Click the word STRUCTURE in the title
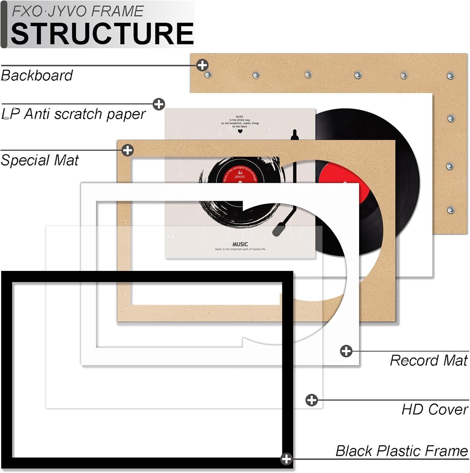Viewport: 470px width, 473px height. (102, 34)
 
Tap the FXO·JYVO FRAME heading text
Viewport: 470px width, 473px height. (77, 11)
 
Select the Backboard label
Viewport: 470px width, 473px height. (37, 76)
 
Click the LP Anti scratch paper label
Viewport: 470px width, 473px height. (74, 114)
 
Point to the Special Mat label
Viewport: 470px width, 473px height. (40, 160)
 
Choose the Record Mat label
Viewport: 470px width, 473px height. (429, 360)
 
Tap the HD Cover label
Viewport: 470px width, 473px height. (435, 409)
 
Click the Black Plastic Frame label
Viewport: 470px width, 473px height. (402, 451)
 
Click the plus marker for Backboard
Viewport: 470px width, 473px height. (202, 65)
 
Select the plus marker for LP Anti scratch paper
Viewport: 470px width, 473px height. (159, 104)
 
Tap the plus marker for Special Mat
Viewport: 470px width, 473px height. (128, 150)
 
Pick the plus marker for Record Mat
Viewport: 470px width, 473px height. (346, 351)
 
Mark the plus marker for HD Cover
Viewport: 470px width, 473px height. (312, 400)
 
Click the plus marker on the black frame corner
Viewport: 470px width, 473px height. (286, 459)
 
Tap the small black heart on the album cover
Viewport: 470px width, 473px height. (240, 132)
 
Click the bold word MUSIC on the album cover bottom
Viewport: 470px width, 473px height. (240, 244)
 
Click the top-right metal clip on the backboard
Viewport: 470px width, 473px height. (450, 76)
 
